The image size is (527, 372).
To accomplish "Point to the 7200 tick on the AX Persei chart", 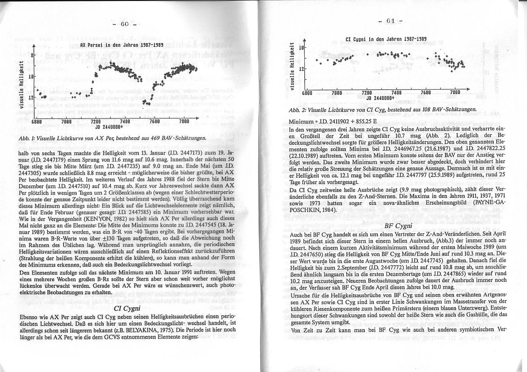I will coord(96,122).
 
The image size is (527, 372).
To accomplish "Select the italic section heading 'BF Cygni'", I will coord(398,226).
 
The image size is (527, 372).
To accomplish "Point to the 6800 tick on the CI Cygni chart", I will coord(307,93).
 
